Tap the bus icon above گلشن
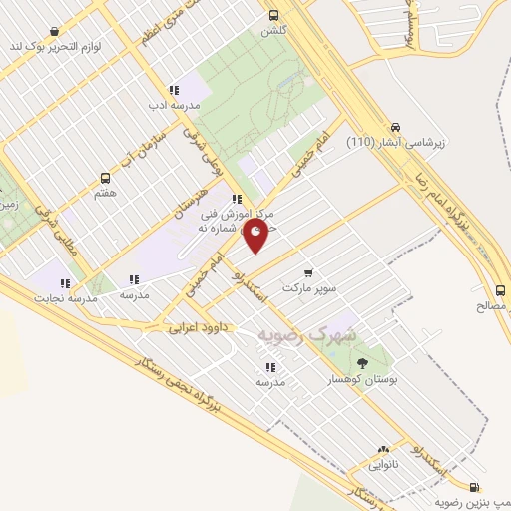(x=272, y=15)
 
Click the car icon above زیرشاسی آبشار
(x=396, y=127)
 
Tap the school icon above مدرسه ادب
(x=174, y=89)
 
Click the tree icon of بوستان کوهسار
(x=361, y=363)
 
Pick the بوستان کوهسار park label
(x=360, y=380)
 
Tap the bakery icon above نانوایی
(x=383, y=450)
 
